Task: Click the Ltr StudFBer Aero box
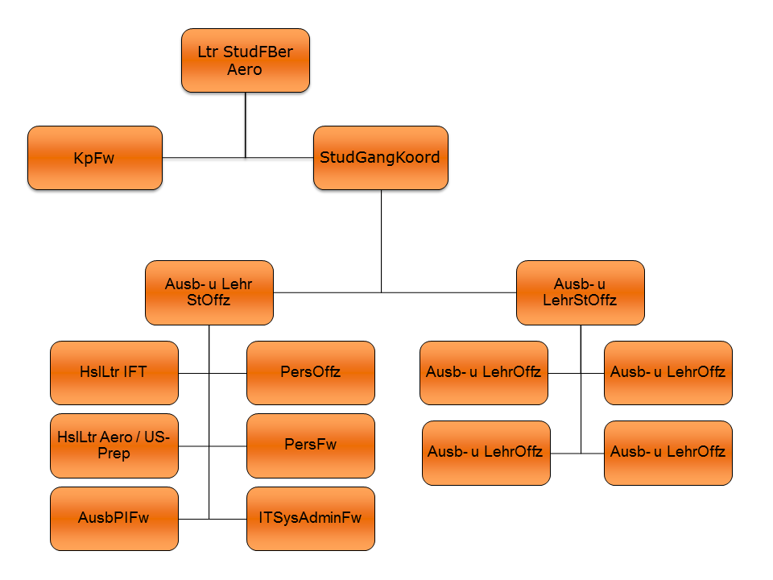point(245,60)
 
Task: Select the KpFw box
point(95,158)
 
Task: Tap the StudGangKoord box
point(380,158)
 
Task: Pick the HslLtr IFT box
point(114,372)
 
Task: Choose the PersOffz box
point(310,372)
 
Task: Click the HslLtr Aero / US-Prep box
point(114,445)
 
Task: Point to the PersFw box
point(310,445)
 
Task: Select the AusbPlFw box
point(114,518)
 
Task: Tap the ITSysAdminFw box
point(310,518)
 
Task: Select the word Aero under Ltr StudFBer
point(245,69)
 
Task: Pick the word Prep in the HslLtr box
point(117,454)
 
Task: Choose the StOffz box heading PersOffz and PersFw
point(209,292)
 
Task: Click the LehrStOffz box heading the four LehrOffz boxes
point(580,292)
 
